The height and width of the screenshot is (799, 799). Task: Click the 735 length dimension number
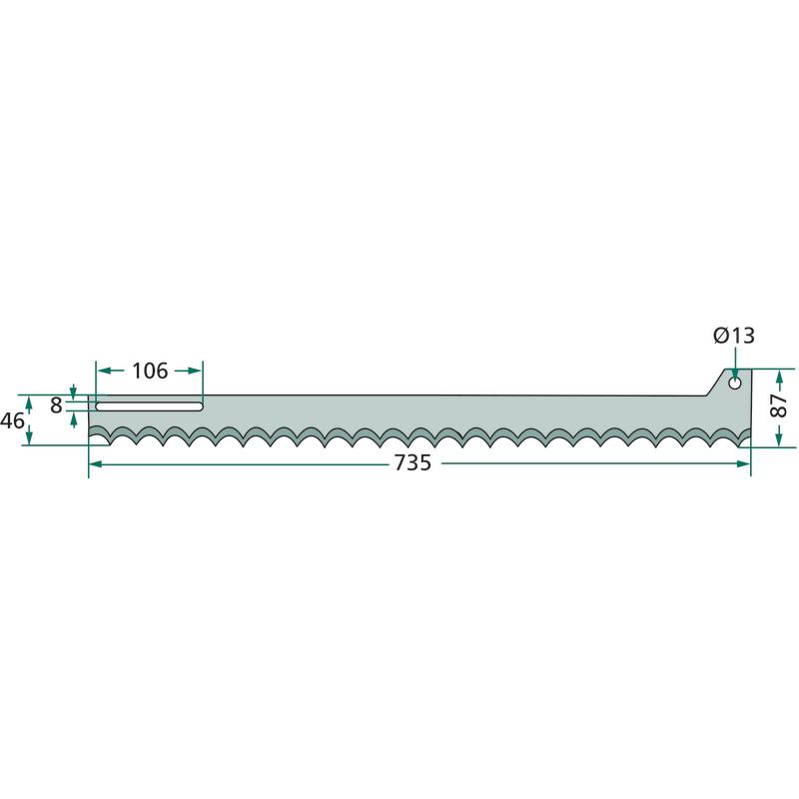coord(412,463)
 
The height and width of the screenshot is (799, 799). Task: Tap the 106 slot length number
coord(150,371)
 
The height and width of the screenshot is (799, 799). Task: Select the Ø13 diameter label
coord(734,336)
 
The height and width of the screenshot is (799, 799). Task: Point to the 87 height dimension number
coord(779,405)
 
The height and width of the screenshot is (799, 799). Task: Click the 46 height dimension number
coord(12,420)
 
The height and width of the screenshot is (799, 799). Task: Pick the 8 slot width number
coord(56,405)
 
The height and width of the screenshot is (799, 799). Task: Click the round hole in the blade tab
coord(735,384)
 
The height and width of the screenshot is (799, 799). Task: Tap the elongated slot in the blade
coord(149,406)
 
